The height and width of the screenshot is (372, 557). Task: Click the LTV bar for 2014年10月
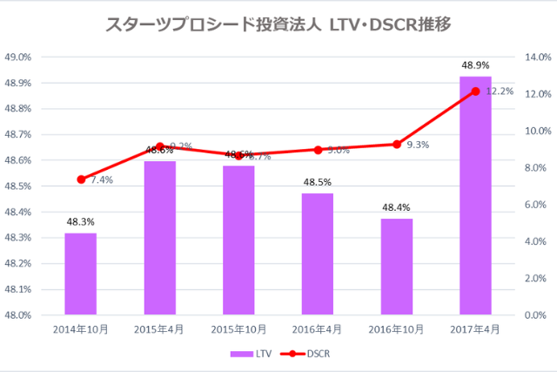click(80, 274)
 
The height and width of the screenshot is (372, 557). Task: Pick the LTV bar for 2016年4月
click(318, 254)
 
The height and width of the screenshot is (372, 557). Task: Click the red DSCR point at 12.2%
click(475, 91)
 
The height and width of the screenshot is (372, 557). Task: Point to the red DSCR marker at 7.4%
click(81, 179)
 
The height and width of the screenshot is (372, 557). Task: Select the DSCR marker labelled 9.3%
click(397, 144)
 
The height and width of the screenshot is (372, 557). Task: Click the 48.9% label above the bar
click(475, 65)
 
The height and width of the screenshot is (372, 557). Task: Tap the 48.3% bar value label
click(80, 221)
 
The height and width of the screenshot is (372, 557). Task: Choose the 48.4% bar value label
click(396, 207)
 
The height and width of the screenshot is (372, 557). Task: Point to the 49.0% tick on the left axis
click(18, 57)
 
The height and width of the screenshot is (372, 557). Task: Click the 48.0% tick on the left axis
click(18, 315)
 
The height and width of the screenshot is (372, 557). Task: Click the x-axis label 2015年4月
click(159, 332)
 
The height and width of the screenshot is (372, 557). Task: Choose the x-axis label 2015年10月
click(238, 332)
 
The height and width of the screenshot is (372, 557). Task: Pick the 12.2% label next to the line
click(500, 91)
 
